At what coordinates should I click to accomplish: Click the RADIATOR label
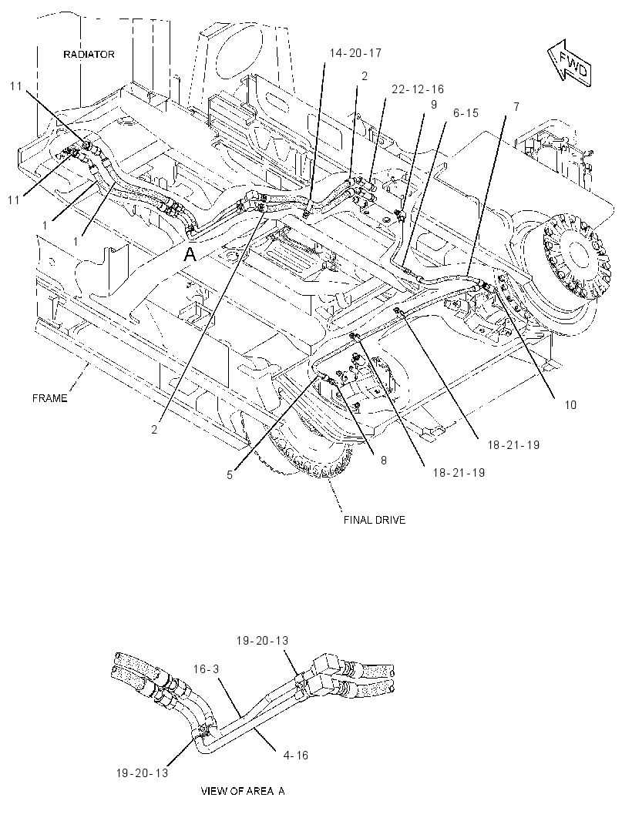89,55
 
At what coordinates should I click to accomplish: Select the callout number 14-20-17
355,53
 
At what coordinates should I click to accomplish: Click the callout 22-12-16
418,89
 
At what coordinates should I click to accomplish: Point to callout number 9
433,105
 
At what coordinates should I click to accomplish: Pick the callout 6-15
466,113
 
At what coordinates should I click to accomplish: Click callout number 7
516,107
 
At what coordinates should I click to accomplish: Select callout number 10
570,405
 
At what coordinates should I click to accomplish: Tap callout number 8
384,461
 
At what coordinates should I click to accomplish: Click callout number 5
230,475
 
